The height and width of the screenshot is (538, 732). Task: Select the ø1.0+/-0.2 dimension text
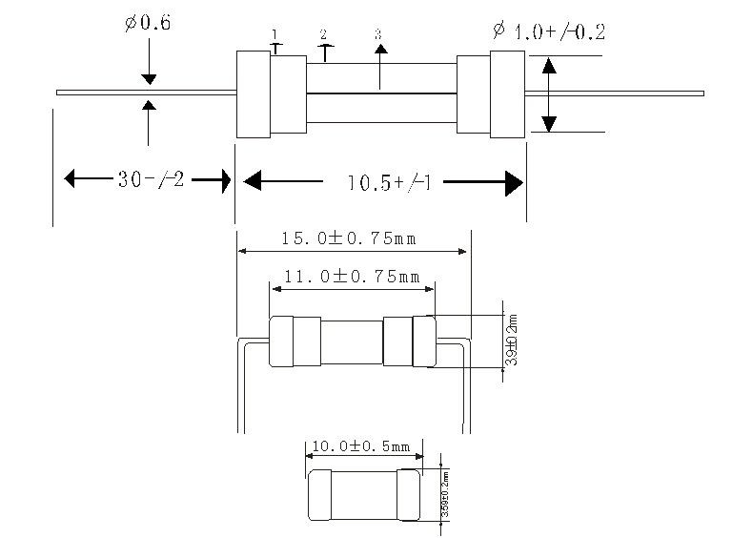click(x=548, y=31)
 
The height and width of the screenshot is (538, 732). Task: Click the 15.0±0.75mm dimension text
click(x=352, y=238)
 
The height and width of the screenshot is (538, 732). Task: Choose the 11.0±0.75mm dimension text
click(x=352, y=277)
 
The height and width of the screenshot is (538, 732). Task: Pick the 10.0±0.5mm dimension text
click(x=360, y=446)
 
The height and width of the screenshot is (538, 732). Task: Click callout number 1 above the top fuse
click(x=275, y=35)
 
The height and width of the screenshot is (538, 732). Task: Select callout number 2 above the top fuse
click(x=324, y=34)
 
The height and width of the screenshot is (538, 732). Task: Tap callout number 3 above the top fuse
click(x=378, y=34)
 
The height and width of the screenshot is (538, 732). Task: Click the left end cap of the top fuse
click(x=254, y=93)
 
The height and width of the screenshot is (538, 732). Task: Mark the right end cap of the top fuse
click(x=507, y=93)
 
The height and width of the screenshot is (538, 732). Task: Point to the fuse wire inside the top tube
click(x=381, y=93)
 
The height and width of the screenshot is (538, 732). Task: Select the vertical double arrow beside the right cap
click(x=549, y=94)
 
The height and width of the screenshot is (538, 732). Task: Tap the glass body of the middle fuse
click(x=352, y=341)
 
